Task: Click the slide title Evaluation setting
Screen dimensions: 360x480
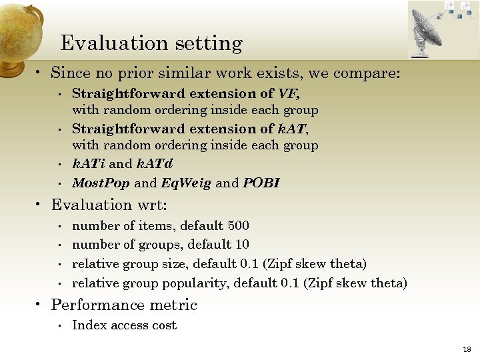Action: pos(151,43)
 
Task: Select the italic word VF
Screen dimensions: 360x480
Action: pos(288,93)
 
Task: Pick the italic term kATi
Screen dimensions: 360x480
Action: pos(88,164)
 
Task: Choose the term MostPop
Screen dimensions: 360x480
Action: pos(101,183)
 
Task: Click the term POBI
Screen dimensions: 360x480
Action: pos(261,183)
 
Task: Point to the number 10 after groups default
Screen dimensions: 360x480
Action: pos(242,245)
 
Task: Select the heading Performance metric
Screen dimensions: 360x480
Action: pos(124,305)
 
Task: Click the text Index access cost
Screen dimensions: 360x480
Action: pos(124,325)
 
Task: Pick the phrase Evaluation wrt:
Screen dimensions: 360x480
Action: pos(109,205)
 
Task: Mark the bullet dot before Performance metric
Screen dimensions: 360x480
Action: pos(39,305)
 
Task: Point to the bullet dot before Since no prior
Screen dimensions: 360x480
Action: pos(39,72)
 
